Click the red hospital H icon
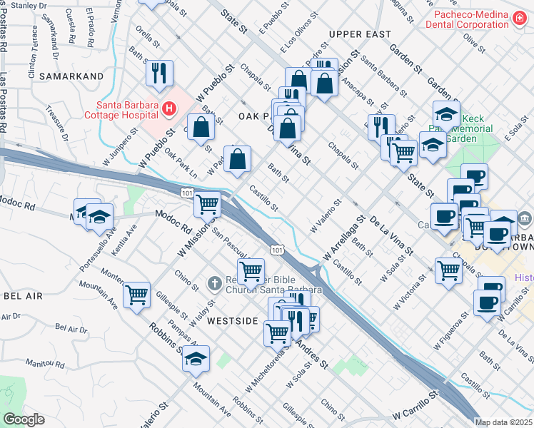pyautogui.click(x=169, y=109)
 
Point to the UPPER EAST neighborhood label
pyautogui.click(x=360, y=34)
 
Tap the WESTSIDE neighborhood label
pyautogui.click(x=232, y=321)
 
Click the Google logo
pyautogui.click(x=23, y=419)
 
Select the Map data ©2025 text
pyautogui.click(x=504, y=422)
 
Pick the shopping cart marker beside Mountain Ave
pyautogui.click(x=136, y=294)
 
